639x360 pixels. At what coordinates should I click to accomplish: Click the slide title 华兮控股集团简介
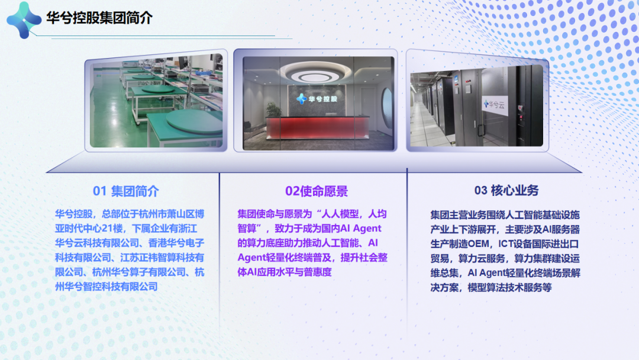tap(99, 18)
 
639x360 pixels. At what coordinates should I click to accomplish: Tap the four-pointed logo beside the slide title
tap(24, 20)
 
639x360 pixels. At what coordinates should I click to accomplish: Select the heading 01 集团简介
tap(125, 191)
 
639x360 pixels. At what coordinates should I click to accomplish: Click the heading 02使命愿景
tap(316, 191)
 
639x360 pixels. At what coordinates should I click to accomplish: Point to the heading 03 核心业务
tap(506, 191)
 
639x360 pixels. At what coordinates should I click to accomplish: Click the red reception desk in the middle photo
tap(317, 128)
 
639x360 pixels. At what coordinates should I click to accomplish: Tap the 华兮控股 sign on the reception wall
tap(317, 99)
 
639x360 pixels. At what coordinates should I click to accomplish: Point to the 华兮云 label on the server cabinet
tap(494, 105)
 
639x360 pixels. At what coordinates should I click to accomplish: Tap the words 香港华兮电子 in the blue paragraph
tap(176, 243)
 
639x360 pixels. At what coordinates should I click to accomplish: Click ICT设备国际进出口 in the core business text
tap(538, 244)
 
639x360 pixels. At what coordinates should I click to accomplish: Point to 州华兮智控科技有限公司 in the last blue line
tap(106, 287)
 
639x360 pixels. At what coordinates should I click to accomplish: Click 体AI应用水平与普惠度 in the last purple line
tap(285, 272)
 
